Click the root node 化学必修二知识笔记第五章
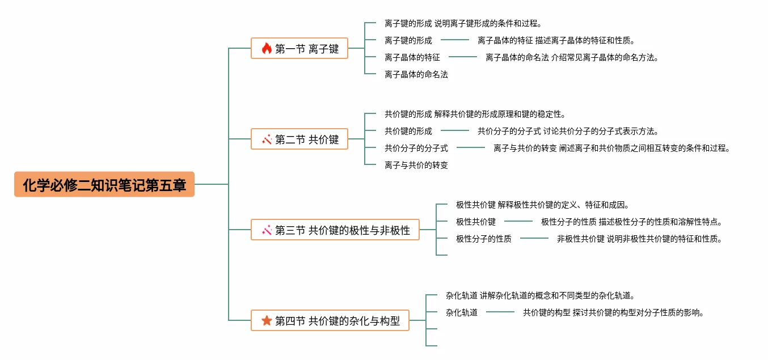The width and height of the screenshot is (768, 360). click(x=104, y=184)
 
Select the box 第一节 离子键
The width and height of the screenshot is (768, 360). click(x=299, y=48)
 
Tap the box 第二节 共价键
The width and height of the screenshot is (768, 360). click(x=299, y=139)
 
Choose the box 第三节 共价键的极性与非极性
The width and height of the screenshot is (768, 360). click(x=335, y=230)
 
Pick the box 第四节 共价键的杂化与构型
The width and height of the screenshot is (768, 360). click(x=330, y=320)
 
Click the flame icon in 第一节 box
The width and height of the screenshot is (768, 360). click(x=267, y=48)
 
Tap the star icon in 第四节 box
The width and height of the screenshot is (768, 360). click(x=267, y=321)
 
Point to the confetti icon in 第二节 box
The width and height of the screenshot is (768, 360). click(x=267, y=139)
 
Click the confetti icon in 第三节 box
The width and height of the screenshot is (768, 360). click(x=267, y=230)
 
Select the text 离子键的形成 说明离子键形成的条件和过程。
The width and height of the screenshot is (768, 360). click(x=463, y=23)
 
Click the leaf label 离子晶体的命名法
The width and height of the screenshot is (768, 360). click(x=416, y=74)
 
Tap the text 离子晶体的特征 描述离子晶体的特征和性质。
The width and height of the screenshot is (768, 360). click(x=556, y=40)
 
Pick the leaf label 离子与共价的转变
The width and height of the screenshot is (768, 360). click(x=416, y=165)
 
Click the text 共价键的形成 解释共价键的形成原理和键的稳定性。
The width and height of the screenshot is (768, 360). click(x=475, y=114)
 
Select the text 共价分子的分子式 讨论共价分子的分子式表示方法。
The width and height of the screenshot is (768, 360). click(x=568, y=131)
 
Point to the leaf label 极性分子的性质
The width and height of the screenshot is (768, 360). click(x=483, y=239)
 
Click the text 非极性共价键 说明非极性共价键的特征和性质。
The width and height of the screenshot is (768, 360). click(x=640, y=239)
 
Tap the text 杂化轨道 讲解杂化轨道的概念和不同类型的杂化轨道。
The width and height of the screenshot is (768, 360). click(x=541, y=295)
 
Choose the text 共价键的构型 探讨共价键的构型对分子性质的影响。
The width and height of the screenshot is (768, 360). click(x=614, y=312)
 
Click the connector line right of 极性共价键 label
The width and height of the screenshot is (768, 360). click(x=518, y=221)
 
